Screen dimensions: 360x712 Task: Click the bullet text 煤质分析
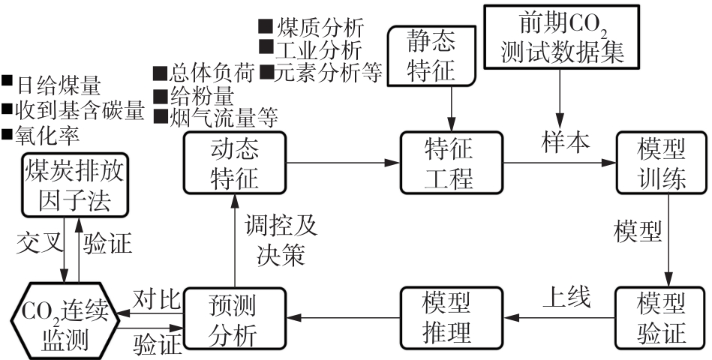[x=319, y=28]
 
